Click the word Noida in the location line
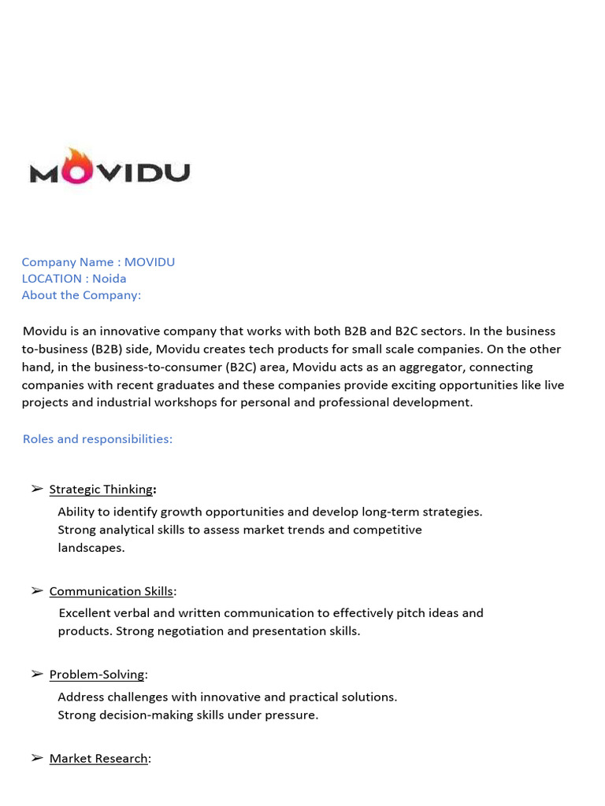(x=109, y=279)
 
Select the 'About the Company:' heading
(x=81, y=295)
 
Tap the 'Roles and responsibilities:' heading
(x=97, y=439)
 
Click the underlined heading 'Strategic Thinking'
(x=101, y=490)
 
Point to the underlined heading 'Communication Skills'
(x=111, y=592)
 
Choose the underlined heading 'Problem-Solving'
(x=97, y=675)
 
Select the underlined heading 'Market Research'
(x=98, y=759)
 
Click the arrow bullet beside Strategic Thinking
(x=37, y=490)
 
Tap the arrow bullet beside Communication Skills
(x=37, y=591)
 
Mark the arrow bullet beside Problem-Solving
(x=37, y=675)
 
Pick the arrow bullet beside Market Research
(x=37, y=758)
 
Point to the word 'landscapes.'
(x=91, y=548)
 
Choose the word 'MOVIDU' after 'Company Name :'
(x=149, y=262)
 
